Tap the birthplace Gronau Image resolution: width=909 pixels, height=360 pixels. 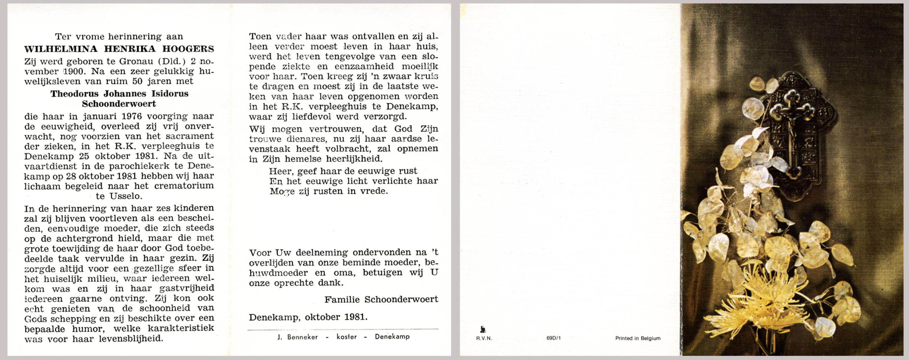pos(136,61)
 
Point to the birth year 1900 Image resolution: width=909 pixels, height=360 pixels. pos(74,71)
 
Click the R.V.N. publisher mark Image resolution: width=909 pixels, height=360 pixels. pos(484,338)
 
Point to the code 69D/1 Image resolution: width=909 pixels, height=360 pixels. pos(553,338)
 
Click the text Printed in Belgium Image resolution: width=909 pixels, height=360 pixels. pos(638,338)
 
